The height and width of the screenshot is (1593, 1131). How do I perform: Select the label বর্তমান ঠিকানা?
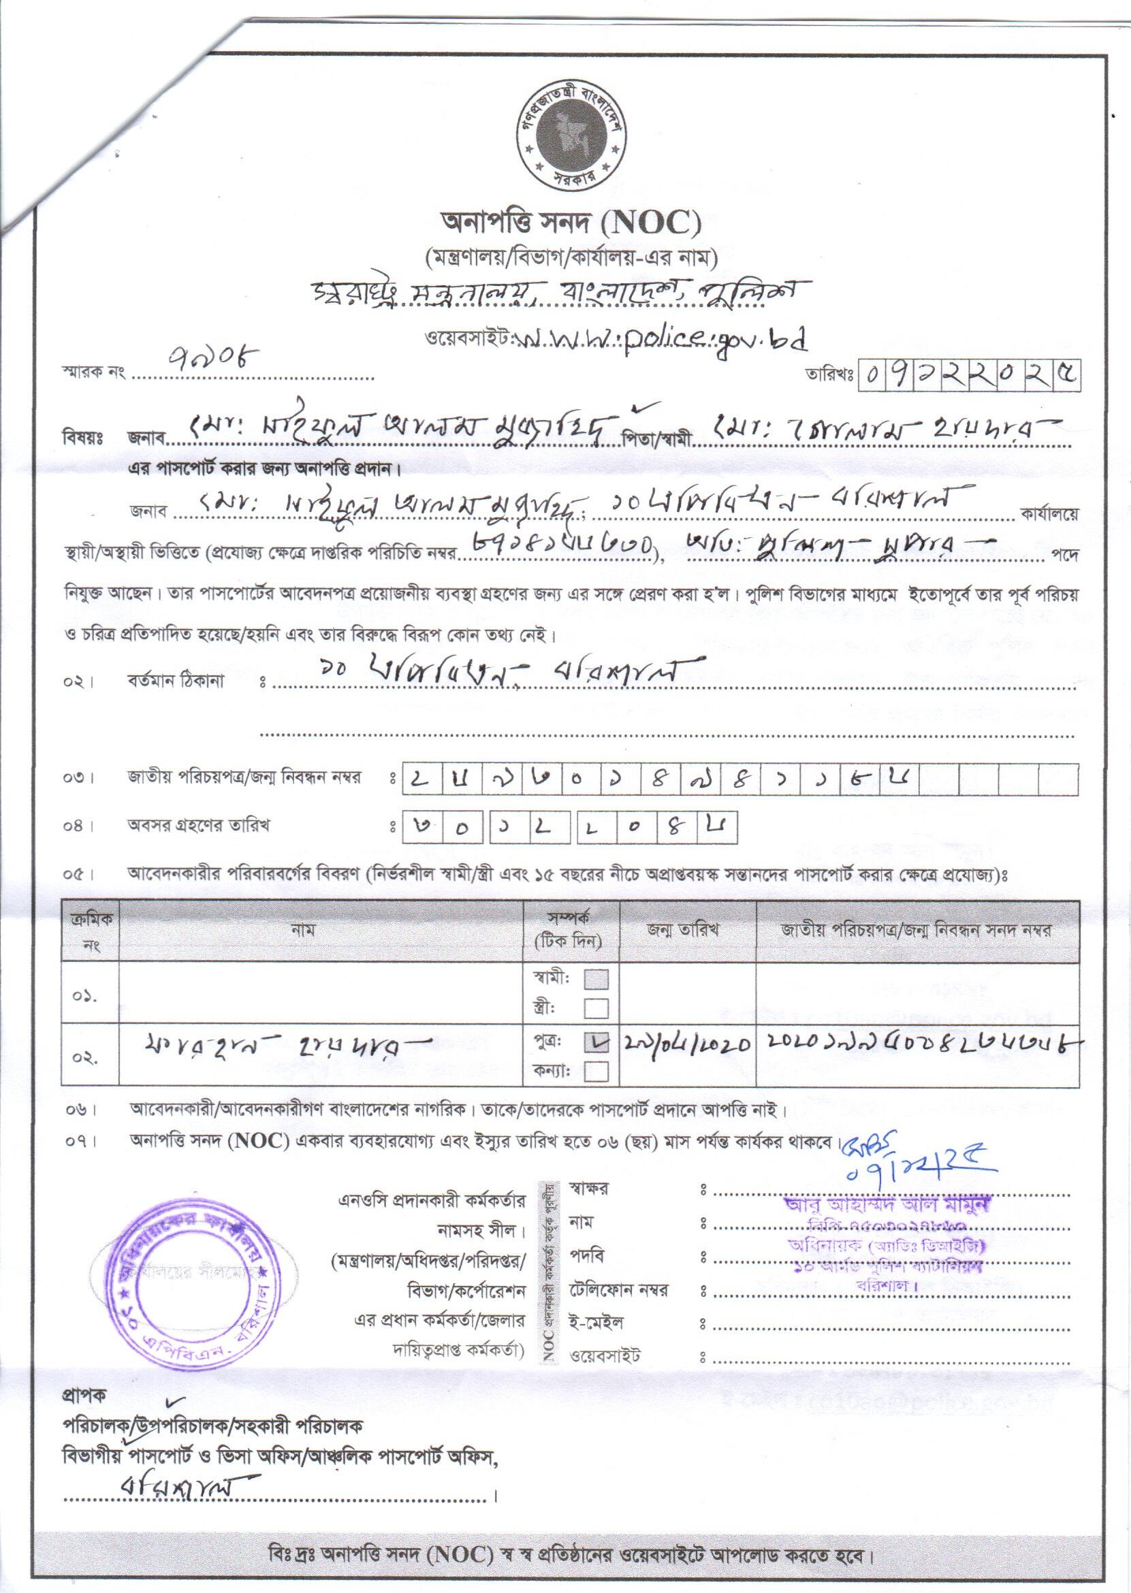pyautogui.click(x=175, y=681)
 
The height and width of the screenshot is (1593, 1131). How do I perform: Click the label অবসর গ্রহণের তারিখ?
pyautogui.click(x=197, y=826)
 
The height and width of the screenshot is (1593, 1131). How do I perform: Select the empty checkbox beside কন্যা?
pyautogui.click(x=597, y=1072)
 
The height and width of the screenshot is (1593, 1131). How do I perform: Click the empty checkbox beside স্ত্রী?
pyautogui.click(x=597, y=1008)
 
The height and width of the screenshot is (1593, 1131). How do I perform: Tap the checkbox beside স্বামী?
pyautogui.click(x=597, y=980)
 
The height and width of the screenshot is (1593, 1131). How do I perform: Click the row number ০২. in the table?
pyautogui.click(x=84, y=1057)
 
